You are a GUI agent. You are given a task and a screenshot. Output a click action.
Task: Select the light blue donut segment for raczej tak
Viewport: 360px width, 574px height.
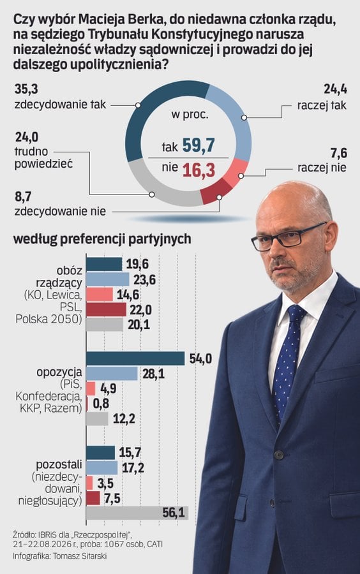tap(238, 121)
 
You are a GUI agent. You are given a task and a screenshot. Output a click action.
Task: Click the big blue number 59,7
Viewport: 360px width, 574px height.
tap(199, 145)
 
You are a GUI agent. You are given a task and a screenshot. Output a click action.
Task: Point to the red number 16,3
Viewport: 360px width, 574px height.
tap(199, 170)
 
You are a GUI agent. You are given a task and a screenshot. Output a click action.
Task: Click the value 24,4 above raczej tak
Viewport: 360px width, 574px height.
tap(335, 89)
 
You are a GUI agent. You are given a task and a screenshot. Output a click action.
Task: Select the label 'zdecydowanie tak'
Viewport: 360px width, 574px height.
tap(60, 105)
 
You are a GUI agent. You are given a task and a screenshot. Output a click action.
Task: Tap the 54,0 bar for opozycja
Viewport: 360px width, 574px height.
tap(135, 358)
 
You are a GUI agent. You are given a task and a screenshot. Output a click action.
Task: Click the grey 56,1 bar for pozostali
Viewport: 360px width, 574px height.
tap(137, 513)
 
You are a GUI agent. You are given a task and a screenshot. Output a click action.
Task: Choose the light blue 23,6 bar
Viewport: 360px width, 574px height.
tap(108, 279)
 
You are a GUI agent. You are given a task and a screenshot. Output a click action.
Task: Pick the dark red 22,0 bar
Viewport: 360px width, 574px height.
tap(106, 310)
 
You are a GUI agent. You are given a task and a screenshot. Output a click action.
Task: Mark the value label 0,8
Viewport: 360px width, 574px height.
tap(101, 404)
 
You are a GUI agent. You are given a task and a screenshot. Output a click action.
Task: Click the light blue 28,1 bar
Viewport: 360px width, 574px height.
tap(112, 374)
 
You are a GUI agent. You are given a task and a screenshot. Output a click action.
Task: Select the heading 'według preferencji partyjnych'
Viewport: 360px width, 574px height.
tap(102, 239)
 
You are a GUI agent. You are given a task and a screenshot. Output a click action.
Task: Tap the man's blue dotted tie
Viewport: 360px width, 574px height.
tap(287, 362)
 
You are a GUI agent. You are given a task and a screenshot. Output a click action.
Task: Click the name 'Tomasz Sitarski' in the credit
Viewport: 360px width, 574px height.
tap(80, 556)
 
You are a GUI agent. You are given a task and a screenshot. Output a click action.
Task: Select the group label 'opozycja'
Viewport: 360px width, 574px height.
tap(59, 373)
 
